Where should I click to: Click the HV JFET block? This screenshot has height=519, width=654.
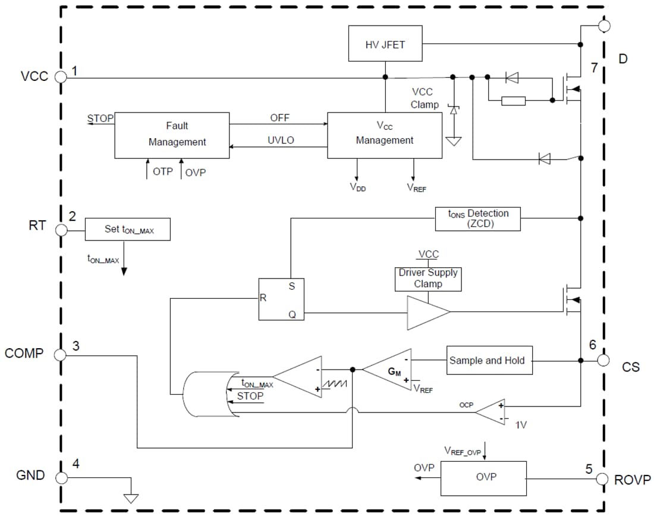point(385,43)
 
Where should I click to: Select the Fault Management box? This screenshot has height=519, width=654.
point(172,135)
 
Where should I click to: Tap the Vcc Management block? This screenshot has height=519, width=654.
point(385,135)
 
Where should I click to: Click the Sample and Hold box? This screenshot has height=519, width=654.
point(489,360)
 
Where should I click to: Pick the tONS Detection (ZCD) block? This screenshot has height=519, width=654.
point(478,218)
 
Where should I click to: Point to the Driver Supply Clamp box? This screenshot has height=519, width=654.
point(428,278)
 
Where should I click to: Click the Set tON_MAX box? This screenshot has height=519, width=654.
point(128,229)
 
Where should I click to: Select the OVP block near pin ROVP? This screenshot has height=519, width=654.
point(483,477)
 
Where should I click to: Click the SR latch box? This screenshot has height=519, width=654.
point(281,299)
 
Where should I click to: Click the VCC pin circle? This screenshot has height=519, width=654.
point(60,76)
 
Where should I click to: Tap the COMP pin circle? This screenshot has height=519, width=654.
point(60,355)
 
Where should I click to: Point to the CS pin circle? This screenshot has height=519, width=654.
point(603,360)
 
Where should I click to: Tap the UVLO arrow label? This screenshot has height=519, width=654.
point(279,140)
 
